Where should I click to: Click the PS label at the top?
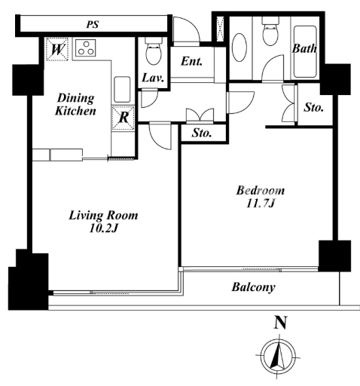(93, 24)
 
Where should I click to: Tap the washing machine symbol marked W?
(57, 49)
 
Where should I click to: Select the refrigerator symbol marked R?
(124, 118)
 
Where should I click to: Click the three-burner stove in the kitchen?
(86, 47)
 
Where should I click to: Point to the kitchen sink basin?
(122, 90)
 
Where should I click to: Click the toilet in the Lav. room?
(153, 51)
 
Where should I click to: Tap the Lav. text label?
(153, 78)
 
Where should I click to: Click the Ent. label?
(191, 61)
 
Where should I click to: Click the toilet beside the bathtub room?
(270, 32)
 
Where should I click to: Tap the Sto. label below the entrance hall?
(202, 133)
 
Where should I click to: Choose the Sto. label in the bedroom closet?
(313, 108)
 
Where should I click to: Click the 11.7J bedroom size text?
(261, 204)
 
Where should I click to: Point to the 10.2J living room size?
(103, 228)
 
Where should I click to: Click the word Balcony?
(253, 287)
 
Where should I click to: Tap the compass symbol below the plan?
(278, 357)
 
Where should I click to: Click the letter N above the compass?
(280, 323)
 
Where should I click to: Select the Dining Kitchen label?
(75, 105)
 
